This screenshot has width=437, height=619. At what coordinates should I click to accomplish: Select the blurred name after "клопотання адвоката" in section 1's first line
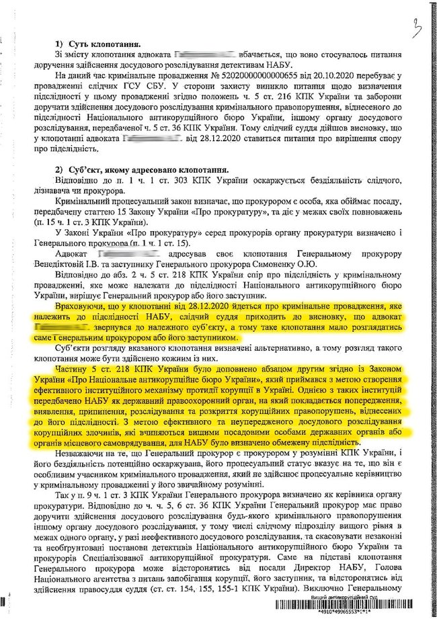click(x=204, y=54)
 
